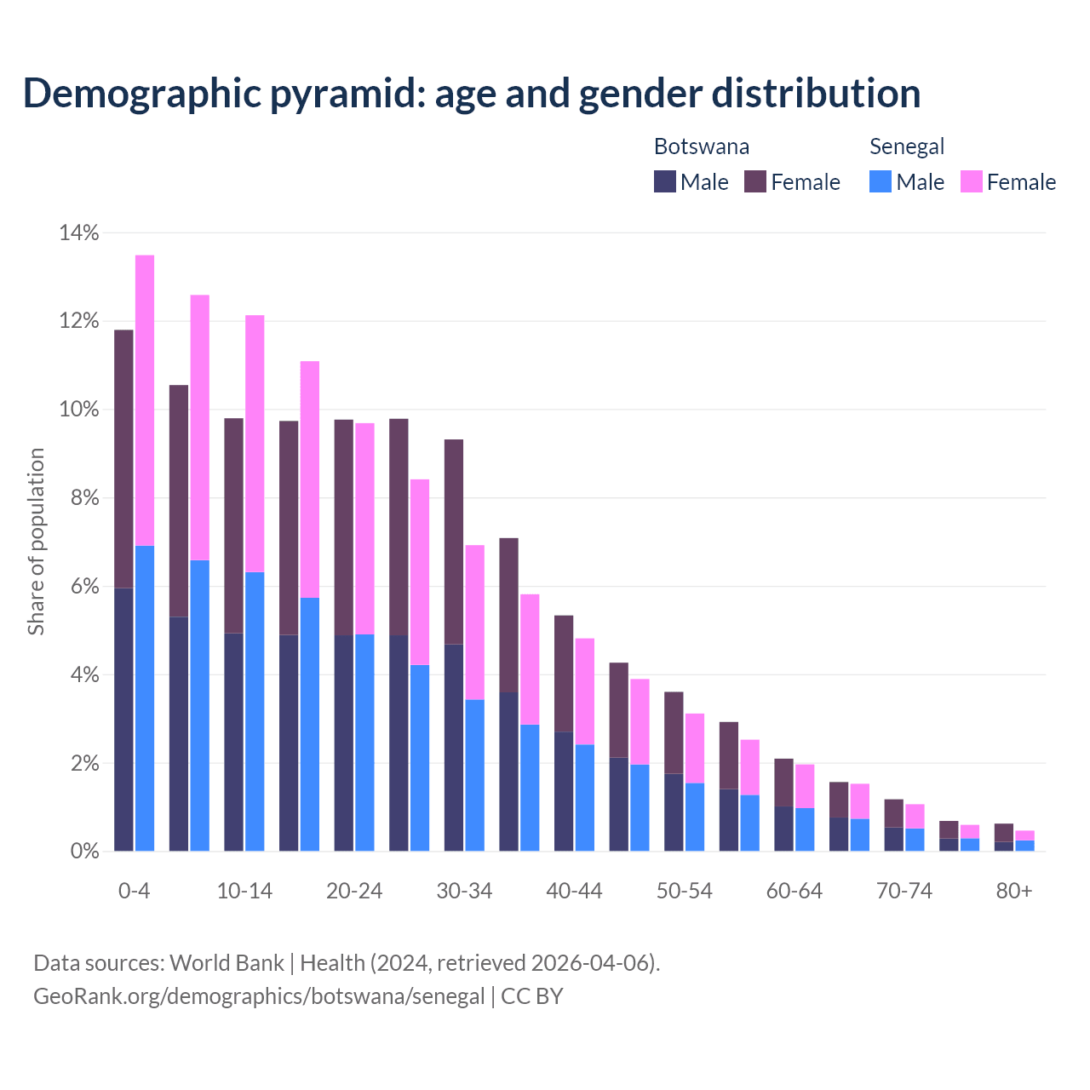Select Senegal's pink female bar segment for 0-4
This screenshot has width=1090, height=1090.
point(145,400)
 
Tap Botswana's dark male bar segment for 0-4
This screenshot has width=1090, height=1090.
point(123,720)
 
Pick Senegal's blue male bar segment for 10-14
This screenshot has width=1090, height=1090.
point(255,711)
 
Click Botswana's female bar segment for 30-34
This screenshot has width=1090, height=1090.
point(454,542)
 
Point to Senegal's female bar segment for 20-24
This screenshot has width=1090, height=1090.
point(364,528)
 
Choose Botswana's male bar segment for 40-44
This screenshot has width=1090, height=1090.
point(564,791)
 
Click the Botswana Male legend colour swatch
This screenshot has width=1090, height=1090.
point(664,181)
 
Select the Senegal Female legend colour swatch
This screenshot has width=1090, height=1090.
point(971,181)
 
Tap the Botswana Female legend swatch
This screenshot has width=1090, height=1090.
point(755,181)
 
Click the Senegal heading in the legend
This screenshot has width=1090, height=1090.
point(907,146)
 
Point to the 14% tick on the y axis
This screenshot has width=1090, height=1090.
point(78,232)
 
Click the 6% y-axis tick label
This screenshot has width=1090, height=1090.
point(83,587)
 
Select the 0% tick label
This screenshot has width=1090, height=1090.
point(83,852)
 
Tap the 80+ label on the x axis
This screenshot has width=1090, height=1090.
point(1014,892)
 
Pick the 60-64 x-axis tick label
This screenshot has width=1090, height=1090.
point(795,892)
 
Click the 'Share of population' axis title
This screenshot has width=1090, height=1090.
point(37,542)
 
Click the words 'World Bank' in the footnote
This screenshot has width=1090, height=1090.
point(227,963)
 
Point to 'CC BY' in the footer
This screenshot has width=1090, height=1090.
point(532,996)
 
